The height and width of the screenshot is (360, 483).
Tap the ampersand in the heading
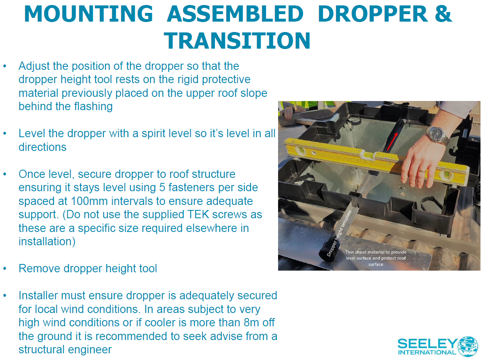click(x=444, y=14)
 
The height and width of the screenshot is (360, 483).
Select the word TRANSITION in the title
click(x=237, y=41)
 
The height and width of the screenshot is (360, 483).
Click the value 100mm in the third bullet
click(x=90, y=201)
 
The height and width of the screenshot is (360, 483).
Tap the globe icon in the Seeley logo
click(x=468, y=346)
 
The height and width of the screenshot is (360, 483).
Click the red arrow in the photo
click(x=392, y=141)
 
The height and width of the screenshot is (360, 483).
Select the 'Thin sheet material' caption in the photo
click(x=376, y=258)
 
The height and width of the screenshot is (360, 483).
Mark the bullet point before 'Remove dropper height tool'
click(x=5, y=269)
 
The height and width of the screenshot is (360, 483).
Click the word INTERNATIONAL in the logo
click(x=427, y=352)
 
